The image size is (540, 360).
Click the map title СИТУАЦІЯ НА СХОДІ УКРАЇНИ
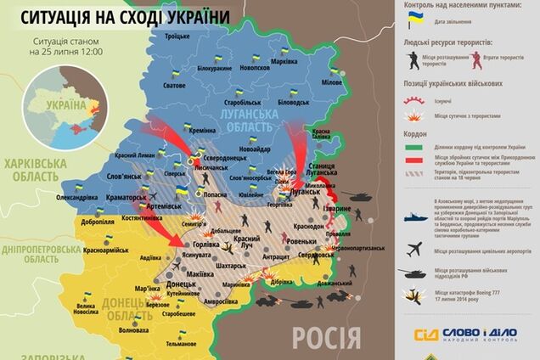[123, 17]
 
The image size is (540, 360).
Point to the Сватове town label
[175, 86]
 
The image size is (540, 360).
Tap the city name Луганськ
[303, 193]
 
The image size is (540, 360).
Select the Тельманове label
[181, 343]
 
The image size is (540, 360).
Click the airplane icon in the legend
[415, 250]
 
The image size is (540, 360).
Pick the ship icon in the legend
[415, 217]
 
